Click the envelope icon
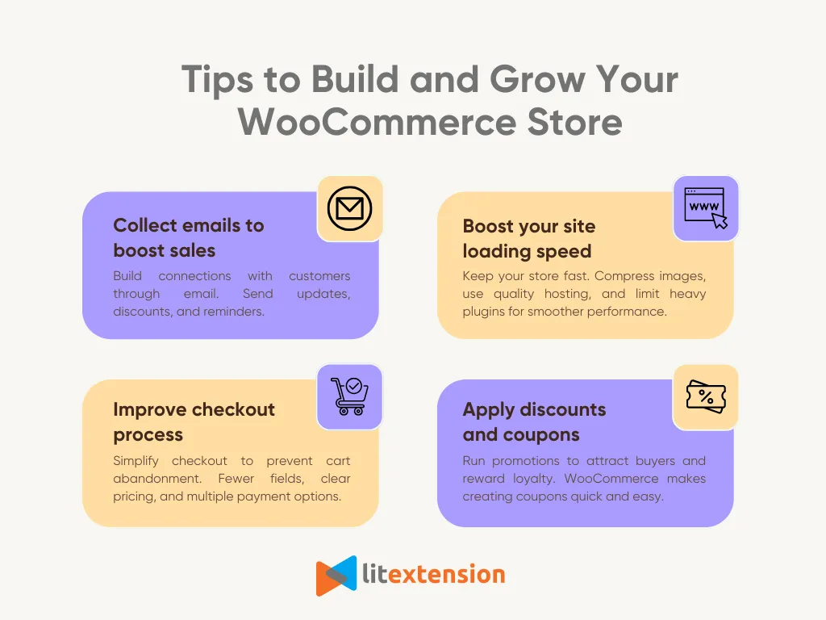point(349,209)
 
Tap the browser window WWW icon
point(706,208)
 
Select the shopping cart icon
point(349,396)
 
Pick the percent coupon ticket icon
point(705,396)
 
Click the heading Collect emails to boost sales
point(189,237)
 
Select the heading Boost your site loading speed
point(528,238)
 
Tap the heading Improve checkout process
point(194,421)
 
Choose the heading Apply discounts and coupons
point(534,421)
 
